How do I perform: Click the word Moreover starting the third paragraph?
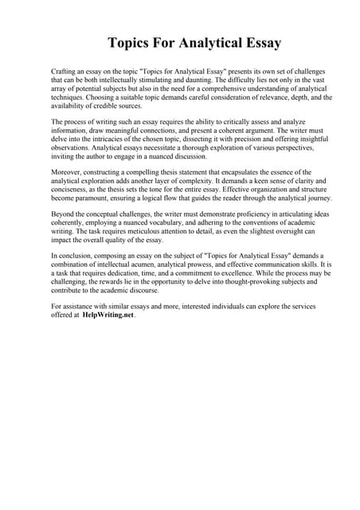(67, 172)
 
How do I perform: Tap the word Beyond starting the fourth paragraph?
(63, 214)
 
